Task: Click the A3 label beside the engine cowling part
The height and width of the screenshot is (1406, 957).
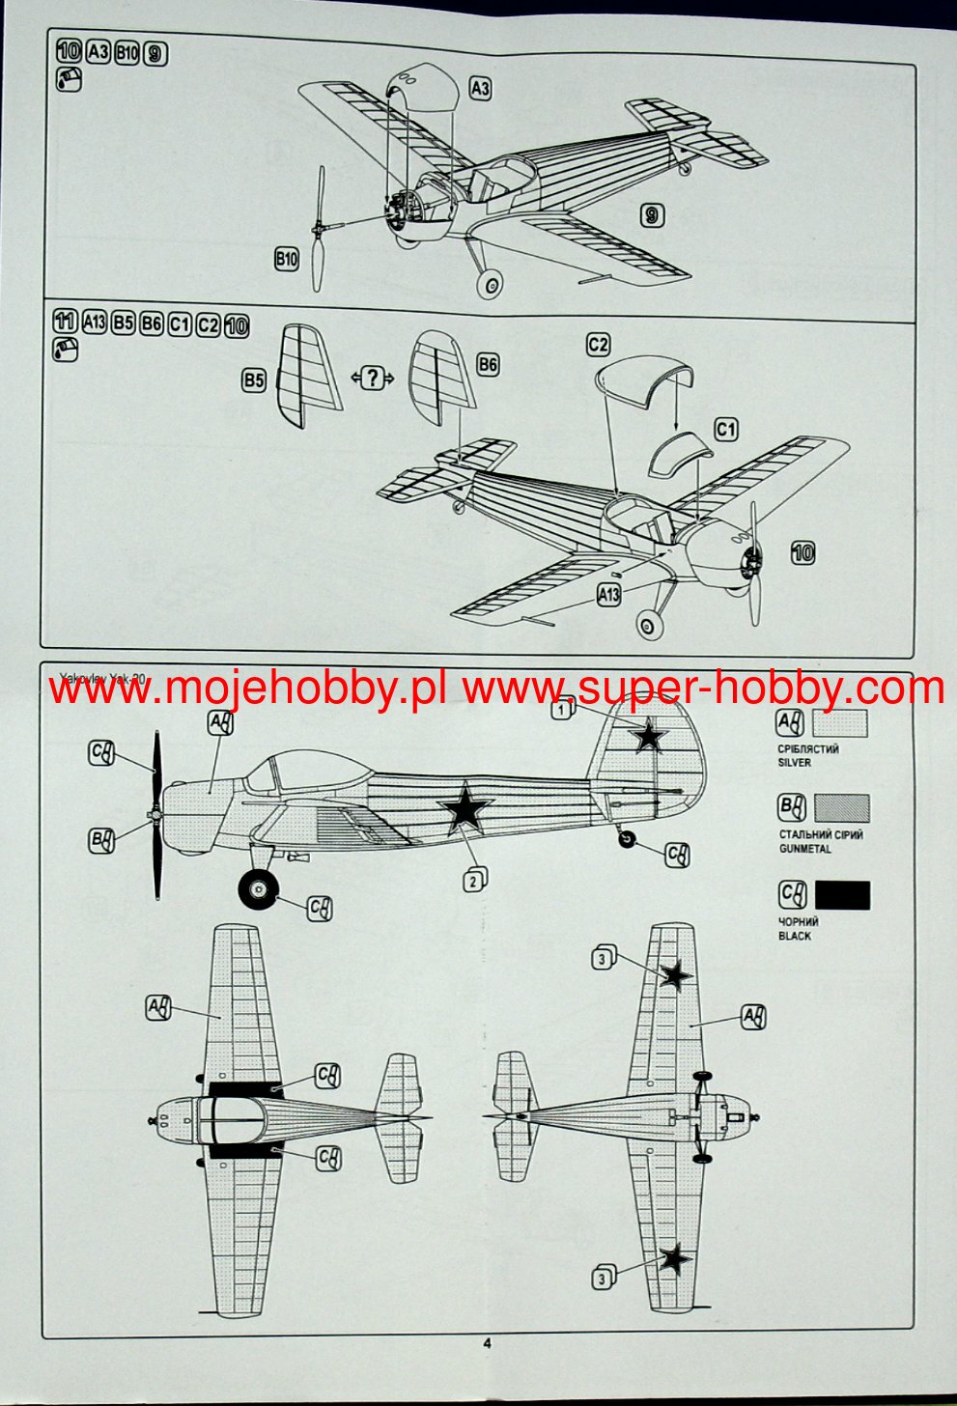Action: (x=480, y=89)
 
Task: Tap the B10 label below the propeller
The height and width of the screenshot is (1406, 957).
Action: (x=287, y=259)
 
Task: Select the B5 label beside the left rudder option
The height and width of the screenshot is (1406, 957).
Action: (x=254, y=381)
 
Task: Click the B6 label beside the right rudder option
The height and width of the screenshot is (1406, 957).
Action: (x=489, y=364)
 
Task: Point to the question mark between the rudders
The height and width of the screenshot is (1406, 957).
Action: (x=372, y=379)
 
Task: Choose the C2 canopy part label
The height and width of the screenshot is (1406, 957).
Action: (x=599, y=345)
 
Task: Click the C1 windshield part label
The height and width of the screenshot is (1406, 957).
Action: (x=726, y=429)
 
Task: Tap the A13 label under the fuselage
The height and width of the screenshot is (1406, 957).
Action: (x=608, y=595)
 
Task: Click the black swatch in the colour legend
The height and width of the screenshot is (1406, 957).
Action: (x=842, y=895)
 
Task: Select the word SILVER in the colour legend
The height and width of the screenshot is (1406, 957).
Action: (x=795, y=763)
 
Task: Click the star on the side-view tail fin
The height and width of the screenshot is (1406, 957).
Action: (x=649, y=737)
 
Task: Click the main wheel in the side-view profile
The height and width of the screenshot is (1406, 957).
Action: (x=258, y=888)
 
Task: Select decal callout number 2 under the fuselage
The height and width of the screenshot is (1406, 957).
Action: (x=473, y=880)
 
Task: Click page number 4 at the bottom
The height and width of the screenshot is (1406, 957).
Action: (x=487, y=1342)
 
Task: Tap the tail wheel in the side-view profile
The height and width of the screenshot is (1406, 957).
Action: (x=629, y=840)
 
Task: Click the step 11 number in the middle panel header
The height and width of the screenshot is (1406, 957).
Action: (x=66, y=323)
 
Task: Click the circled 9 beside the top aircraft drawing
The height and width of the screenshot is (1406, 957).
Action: (x=652, y=215)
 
